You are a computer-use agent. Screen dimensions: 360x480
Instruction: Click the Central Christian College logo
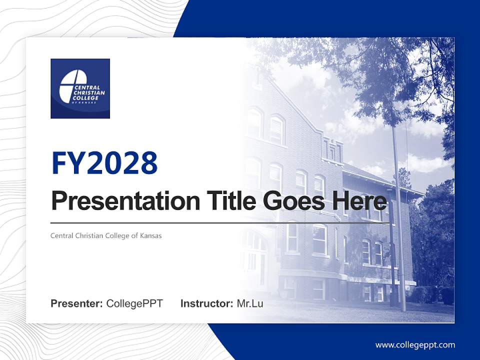pyautogui.click(x=80, y=88)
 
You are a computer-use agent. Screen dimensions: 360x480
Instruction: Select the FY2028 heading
pyautogui.click(x=104, y=163)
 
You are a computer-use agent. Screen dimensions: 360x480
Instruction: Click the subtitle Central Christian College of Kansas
pyautogui.click(x=106, y=235)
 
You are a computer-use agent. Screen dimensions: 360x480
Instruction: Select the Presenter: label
pyautogui.click(x=77, y=303)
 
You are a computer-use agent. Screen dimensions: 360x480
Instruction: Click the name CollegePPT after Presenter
pyautogui.click(x=134, y=303)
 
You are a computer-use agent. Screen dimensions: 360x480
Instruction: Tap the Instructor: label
pyautogui.click(x=206, y=303)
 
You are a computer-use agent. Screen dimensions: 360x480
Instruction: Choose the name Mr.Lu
pyautogui.click(x=250, y=303)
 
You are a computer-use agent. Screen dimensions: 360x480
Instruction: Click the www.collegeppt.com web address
pyautogui.click(x=415, y=345)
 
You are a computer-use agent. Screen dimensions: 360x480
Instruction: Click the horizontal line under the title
pyautogui.click(x=220, y=223)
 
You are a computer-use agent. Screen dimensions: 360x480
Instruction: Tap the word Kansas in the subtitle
pyautogui.click(x=151, y=235)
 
